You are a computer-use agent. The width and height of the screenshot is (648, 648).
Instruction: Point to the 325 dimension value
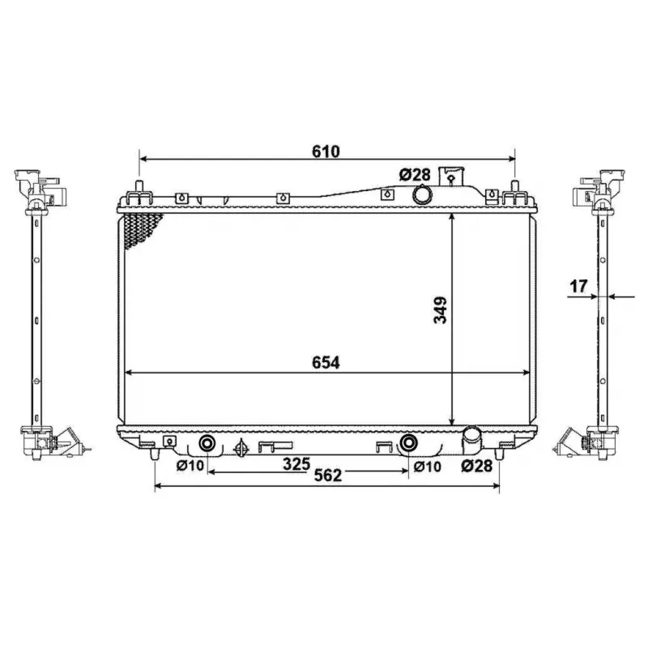(296, 464)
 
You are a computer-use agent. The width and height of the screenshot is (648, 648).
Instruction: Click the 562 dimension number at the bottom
(326, 477)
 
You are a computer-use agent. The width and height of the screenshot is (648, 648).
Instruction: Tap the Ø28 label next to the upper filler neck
(414, 173)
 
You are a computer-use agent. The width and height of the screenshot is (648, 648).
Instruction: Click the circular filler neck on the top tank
(422, 195)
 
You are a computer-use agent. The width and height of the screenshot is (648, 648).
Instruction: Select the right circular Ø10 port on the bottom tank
(409, 442)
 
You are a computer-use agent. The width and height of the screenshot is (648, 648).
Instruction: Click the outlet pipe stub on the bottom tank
(471, 441)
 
